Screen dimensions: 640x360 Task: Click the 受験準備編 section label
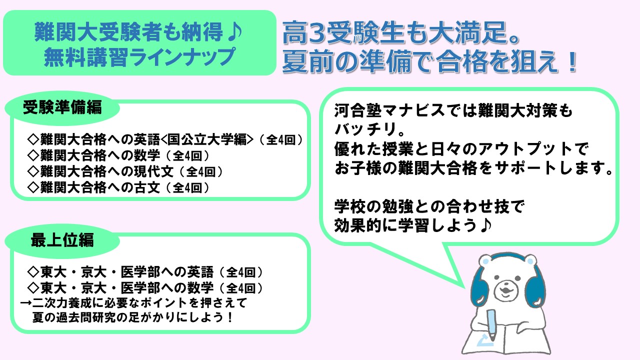click(x=62, y=108)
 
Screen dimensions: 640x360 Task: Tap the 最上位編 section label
click(x=62, y=239)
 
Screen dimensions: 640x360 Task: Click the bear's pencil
click(x=491, y=325)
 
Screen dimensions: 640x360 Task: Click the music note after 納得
click(x=235, y=31)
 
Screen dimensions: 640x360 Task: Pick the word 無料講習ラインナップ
click(x=139, y=57)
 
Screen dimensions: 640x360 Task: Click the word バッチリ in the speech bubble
click(x=365, y=129)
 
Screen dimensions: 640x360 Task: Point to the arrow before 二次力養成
click(x=25, y=303)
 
